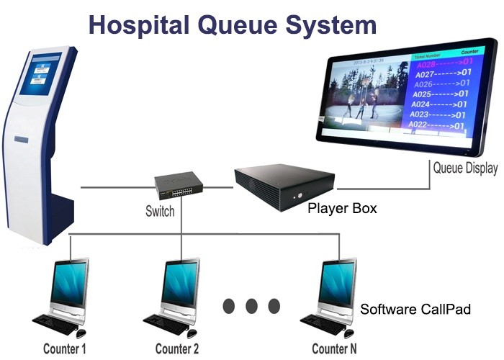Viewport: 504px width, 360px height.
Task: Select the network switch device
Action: pyautogui.click(x=179, y=184)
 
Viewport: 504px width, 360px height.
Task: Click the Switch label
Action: pyautogui.click(x=161, y=212)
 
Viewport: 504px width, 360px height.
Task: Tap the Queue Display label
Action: pyautogui.click(x=464, y=168)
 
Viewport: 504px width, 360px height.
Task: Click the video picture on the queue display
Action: pyautogui.click(x=364, y=97)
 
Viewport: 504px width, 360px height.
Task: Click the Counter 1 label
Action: pyautogui.click(x=65, y=349)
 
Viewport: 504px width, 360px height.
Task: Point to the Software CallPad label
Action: pyautogui.click(x=415, y=310)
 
